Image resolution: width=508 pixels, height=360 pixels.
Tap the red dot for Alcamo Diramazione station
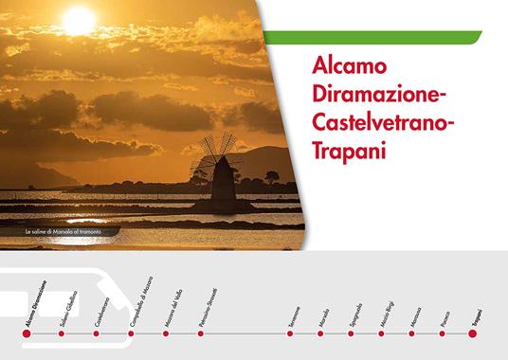click(26, 333)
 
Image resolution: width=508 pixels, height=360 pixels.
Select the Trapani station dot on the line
click(473, 333)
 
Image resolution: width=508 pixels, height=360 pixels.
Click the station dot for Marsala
click(320, 333)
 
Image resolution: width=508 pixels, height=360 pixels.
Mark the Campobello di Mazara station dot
click(131, 333)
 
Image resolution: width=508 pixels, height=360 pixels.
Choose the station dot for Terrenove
click(291, 333)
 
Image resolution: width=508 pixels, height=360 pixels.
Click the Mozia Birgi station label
click(388, 313)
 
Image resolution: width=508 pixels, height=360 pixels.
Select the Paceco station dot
click(443, 333)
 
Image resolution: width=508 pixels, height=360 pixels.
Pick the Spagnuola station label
click(356, 314)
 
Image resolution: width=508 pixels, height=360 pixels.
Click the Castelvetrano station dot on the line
click(96, 333)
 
